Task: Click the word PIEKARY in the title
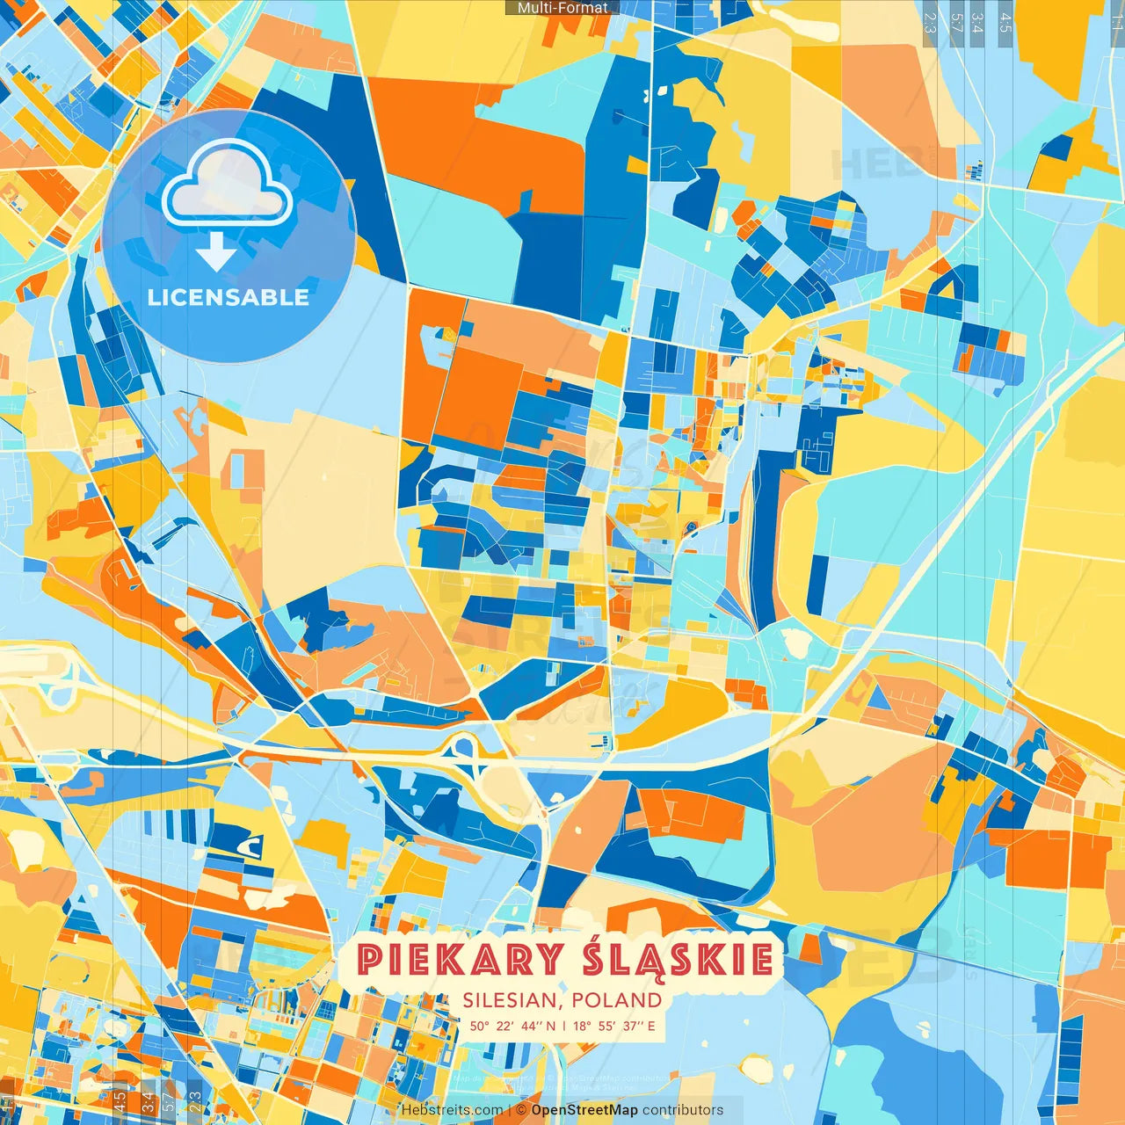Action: [x=460, y=960]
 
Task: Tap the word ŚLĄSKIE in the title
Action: [x=678, y=960]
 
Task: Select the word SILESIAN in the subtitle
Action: [x=512, y=1000]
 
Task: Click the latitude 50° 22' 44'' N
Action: [x=512, y=1026]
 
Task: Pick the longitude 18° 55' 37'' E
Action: [x=614, y=1026]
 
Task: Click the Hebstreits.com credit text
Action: [x=452, y=1110]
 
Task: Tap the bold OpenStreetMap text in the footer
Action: [x=584, y=1110]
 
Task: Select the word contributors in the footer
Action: [x=683, y=1110]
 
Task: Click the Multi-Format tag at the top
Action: [x=562, y=8]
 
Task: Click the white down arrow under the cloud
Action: [x=215, y=252]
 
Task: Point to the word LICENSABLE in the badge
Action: [x=229, y=297]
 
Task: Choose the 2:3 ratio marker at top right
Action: [x=929, y=21]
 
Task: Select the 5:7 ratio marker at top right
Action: [x=956, y=21]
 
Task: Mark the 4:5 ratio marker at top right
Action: [x=1005, y=21]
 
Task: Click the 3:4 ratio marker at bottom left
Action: [x=146, y=1100]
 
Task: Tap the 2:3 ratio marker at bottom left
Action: [x=195, y=1100]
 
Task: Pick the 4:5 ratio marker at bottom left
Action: [x=119, y=1100]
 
